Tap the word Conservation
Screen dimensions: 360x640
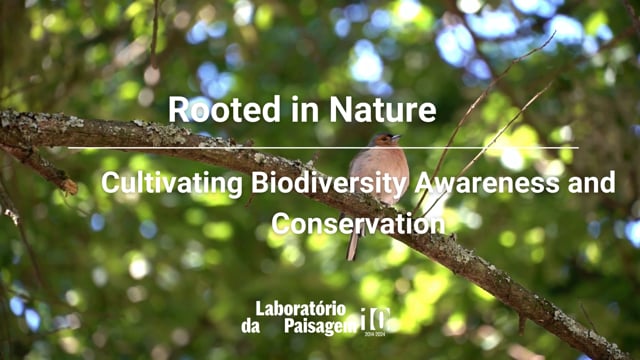coord(357,223)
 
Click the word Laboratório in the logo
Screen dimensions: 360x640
coord(301,309)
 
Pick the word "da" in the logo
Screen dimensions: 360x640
coord(250,327)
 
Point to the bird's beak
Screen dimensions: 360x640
coord(398,137)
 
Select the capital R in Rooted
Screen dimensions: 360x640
coord(178,109)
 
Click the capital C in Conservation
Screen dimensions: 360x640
coord(281,223)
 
